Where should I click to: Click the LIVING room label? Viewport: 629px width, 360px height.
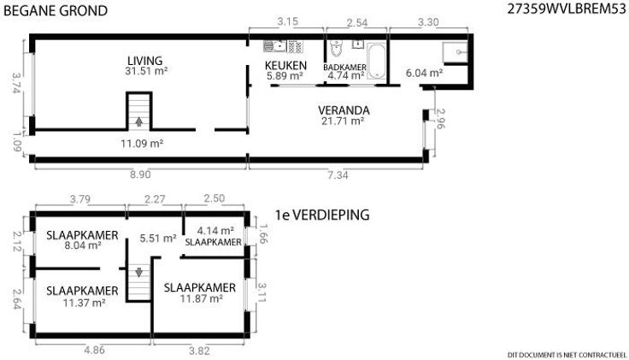point(144,61)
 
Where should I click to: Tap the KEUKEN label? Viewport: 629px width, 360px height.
point(285,65)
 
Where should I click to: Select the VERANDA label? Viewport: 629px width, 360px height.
point(344,110)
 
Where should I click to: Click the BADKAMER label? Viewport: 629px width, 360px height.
point(344,68)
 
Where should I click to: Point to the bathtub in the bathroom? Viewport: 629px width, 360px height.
point(376,62)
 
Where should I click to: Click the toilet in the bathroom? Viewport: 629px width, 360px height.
point(336,49)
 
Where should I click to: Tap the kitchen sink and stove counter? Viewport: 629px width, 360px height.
point(283,46)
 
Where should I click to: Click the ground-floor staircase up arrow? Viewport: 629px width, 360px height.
point(138,121)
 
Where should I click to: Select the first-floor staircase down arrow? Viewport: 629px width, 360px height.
point(138,273)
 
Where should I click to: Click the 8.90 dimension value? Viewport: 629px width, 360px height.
point(140,174)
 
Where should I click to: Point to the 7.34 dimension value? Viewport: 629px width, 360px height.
point(338,175)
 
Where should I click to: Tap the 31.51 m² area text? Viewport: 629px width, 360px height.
point(146,71)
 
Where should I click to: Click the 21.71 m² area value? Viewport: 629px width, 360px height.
point(343,121)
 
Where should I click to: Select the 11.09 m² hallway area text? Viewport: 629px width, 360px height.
point(142,144)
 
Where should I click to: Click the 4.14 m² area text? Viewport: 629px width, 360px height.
point(215,231)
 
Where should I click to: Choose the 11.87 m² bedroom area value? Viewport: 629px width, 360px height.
point(202,298)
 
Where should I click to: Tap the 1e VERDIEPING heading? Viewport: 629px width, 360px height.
point(322,215)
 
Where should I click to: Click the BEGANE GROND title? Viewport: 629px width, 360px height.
point(56,11)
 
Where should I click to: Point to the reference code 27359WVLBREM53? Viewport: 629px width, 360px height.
point(567,9)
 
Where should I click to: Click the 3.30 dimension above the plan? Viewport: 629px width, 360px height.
point(428,22)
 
